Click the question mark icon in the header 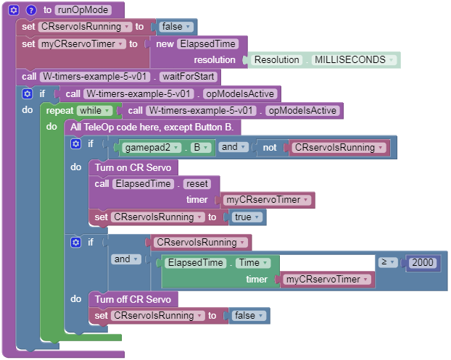point(31,10)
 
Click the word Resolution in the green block point(278,59)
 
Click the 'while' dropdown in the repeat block point(96,111)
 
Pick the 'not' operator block point(270,147)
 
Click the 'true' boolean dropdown point(247,217)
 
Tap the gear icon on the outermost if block point(27,93)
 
